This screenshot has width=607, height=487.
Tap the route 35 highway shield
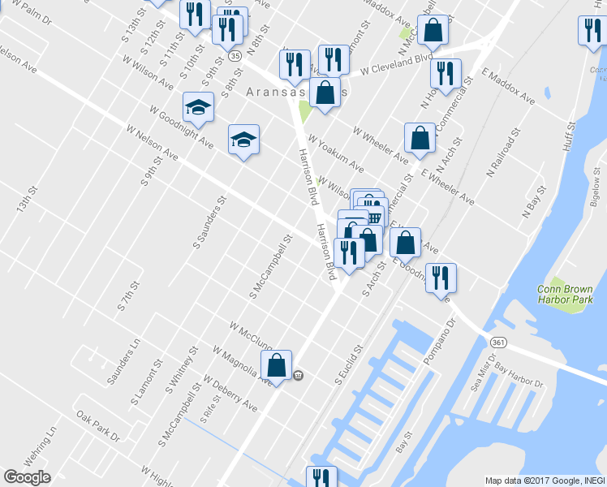pyautogui.click(x=235, y=56)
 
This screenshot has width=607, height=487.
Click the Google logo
pyautogui.click(x=28, y=477)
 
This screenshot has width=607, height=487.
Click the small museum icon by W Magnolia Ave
pyautogui.click(x=299, y=375)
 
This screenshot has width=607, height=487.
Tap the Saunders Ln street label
pyautogui.click(x=123, y=360)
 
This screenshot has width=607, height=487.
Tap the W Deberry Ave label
pyautogui.click(x=230, y=393)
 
